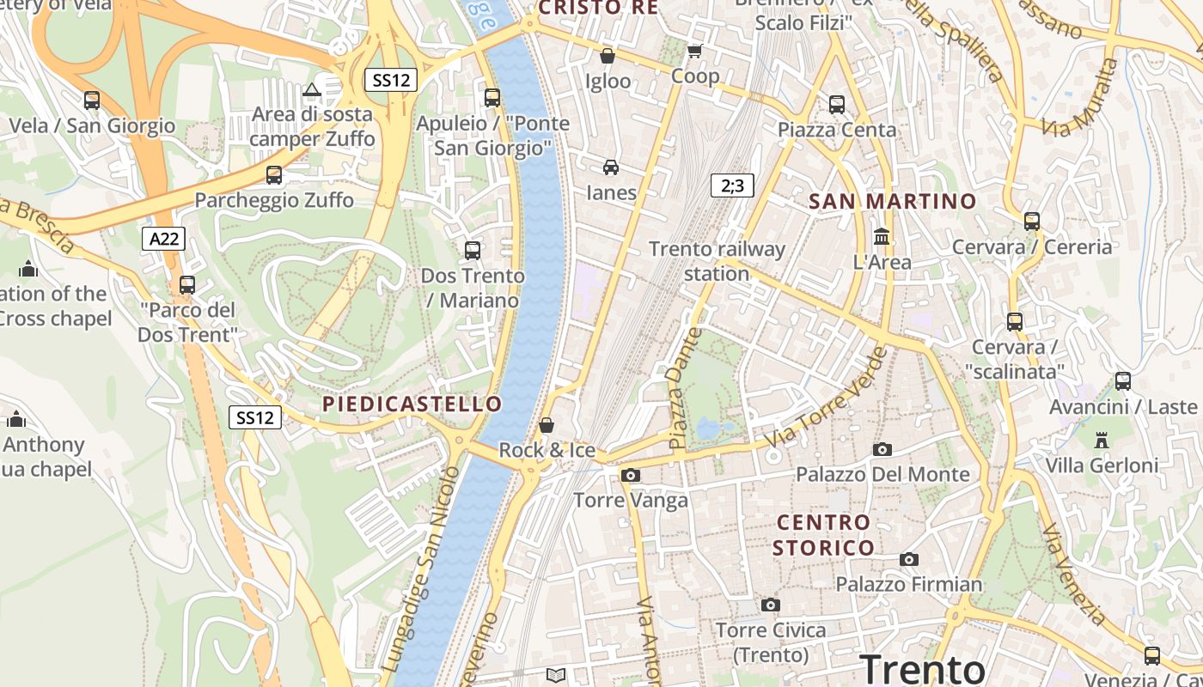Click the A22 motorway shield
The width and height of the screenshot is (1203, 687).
click(x=163, y=239)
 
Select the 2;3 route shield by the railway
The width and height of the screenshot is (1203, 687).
click(x=732, y=185)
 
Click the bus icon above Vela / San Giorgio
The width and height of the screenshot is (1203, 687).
click(x=92, y=100)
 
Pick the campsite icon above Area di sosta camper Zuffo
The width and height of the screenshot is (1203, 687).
click(x=311, y=89)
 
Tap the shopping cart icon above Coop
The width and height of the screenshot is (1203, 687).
click(x=695, y=52)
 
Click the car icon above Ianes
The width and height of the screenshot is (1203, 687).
click(x=611, y=167)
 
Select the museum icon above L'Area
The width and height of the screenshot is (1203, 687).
click(x=882, y=236)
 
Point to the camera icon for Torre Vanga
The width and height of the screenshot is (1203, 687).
click(x=631, y=475)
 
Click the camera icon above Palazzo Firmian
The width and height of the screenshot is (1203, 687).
click(x=909, y=560)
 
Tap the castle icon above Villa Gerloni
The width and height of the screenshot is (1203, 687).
click(x=1102, y=441)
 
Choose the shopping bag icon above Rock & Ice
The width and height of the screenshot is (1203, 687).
click(x=547, y=425)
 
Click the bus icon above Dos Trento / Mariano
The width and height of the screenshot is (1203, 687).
click(x=472, y=251)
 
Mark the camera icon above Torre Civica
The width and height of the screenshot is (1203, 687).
click(x=771, y=605)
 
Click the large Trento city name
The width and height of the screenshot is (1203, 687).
click(x=922, y=669)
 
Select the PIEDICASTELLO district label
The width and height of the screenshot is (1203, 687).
click(x=412, y=404)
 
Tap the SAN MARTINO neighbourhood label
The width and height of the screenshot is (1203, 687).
click(x=893, y=202)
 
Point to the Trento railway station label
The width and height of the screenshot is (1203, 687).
click(x=717, y=261)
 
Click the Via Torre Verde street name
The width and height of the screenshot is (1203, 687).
click(x=827, y=397)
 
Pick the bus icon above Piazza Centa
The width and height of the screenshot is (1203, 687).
click(x=837, y=105)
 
